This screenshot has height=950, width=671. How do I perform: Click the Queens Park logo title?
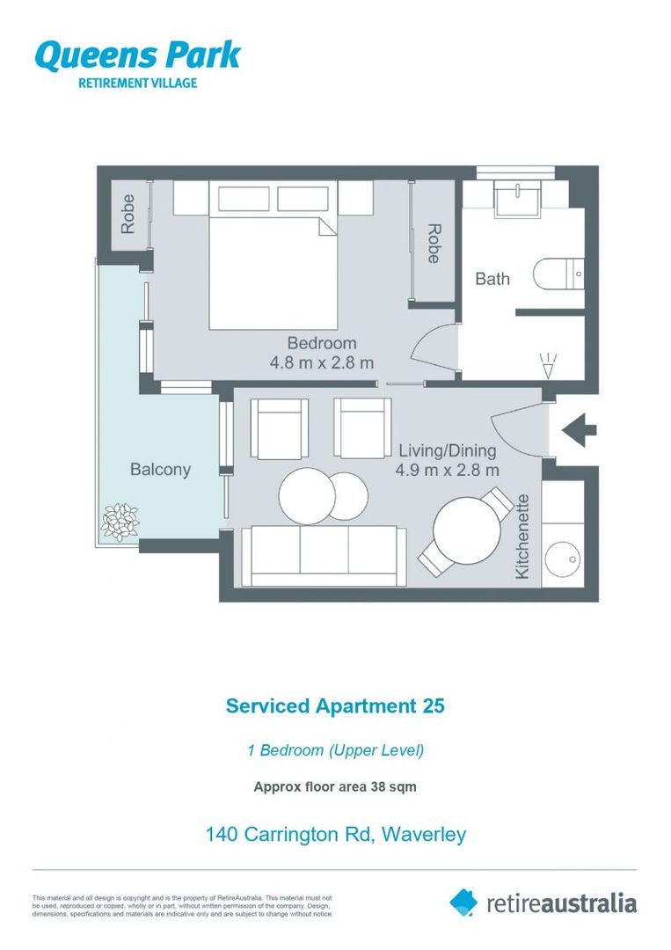tap(136, 55)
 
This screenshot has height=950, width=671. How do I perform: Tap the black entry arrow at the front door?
tap(579, 430)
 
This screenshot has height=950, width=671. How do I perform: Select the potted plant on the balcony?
tap(120, 521)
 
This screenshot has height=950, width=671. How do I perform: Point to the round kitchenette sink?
tap(562, 559)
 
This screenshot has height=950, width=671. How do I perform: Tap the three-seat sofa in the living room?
tap(324, 554)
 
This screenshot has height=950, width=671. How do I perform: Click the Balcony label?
tap(160, 470)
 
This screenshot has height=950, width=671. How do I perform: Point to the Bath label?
tap(492, 279)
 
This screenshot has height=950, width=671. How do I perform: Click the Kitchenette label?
tap(522, 537)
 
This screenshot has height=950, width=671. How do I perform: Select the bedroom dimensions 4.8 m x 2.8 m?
tap(322, 362)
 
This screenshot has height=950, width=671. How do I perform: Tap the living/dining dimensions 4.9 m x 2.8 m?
tap(447, 470)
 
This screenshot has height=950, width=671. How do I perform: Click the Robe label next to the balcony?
tap(128, 214)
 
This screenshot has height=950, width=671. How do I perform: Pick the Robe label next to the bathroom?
tap(434, 243)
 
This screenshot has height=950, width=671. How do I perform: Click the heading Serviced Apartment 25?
tap(335, 706)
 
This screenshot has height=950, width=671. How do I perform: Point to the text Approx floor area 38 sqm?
tap(335, 787)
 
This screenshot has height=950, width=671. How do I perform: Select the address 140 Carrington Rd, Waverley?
tap(335, 833)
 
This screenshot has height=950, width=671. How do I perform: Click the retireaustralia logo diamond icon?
tap(463, 902)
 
